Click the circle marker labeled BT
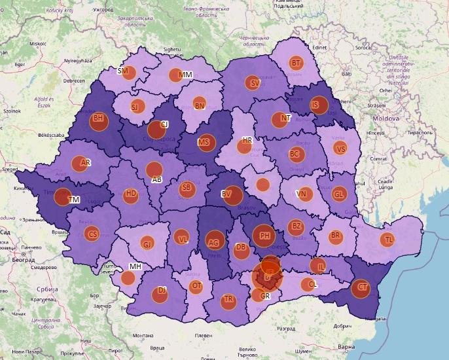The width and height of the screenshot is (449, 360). pos(296,63)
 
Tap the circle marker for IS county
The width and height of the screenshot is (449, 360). pos(319,105)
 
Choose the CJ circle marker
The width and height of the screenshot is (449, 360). pos(158,129)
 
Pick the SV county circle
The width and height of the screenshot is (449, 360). pos(253,83)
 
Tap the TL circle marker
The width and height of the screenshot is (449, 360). pos(389,240)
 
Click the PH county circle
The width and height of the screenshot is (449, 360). pos(264,236)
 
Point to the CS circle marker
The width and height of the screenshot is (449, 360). pos(93,234)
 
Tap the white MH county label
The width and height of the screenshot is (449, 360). pos(135,266)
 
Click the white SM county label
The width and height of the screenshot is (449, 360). pos(123,71)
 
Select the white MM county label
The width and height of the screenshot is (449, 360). pos(185,75)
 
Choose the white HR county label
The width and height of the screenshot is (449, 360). pos(247,141)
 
